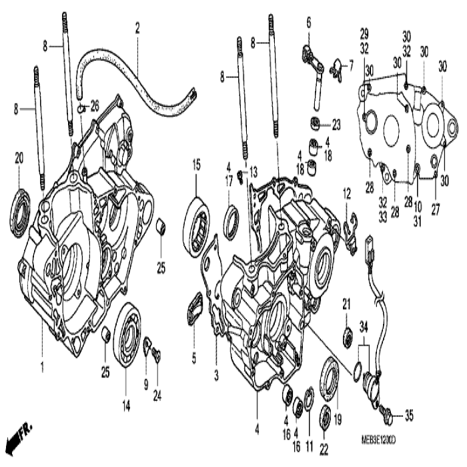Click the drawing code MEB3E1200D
click(x=371, y=441)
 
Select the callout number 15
click(x=197, y=163)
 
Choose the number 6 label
click(x=309, y=23)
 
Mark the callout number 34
click(x=363, y=324)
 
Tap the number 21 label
click(x=346, y=304)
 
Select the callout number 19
click(x=337, y=420)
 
